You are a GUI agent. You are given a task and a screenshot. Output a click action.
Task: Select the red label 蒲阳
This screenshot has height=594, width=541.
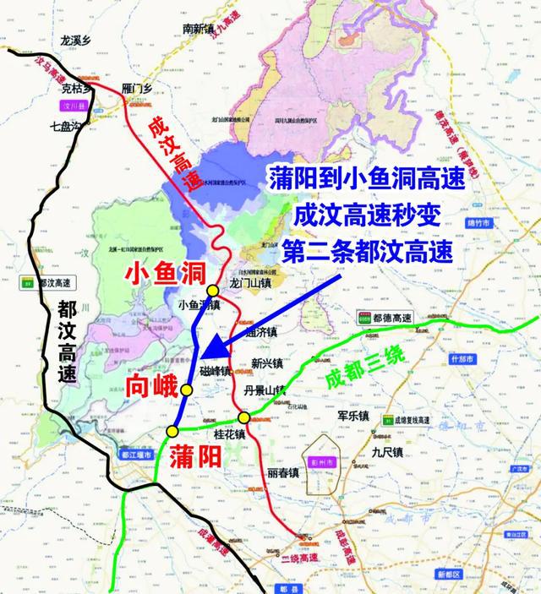[195, 457]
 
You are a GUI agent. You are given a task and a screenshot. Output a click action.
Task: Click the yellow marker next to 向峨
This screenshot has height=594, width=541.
[186, 389]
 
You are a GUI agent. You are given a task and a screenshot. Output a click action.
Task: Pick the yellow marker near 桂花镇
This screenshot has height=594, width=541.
[243, 417]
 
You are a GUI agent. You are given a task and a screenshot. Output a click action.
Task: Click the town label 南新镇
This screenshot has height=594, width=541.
[200, 28]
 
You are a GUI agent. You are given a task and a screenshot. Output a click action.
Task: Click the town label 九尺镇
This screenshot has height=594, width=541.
[388, 454]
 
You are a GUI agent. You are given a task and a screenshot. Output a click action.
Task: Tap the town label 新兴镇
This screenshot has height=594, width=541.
[268, 364]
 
